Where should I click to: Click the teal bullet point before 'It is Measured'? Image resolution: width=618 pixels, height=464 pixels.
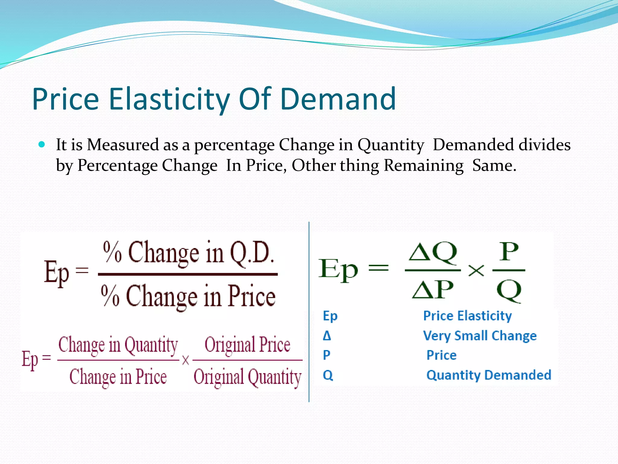tap(42, 144)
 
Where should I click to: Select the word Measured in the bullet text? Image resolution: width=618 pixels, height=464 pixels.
tap(123, 145)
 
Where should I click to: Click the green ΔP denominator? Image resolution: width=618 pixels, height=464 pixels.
tap(433, 289)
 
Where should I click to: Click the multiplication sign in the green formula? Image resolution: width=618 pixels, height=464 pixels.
tap(476, 270)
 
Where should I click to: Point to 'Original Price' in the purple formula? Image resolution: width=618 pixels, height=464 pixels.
tap(247, 345)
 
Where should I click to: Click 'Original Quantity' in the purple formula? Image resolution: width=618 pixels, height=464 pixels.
tap(247, 377)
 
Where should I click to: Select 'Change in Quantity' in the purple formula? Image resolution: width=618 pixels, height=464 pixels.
tap(118, 345)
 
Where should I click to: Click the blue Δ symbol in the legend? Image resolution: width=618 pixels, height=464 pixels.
tap(327, 336)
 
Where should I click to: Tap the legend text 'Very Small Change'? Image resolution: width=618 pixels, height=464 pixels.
tap(480, 336)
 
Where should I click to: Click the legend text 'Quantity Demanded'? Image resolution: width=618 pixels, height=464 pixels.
tap(489, 375)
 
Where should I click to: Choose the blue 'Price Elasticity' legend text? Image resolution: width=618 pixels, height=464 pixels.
tap(467, 316)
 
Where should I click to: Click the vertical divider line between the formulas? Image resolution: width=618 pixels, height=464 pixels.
tap(309, 311)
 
